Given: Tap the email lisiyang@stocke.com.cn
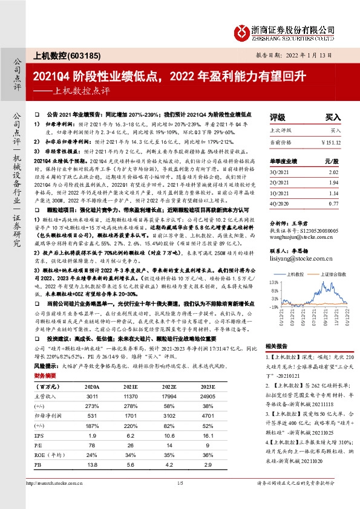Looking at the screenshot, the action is click(x=293, y=257).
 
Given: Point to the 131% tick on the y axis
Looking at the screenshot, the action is click(x=274, y=282).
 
